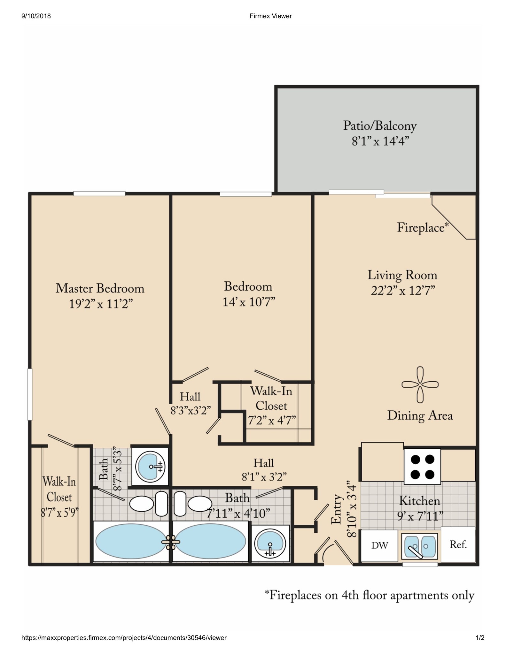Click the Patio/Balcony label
pos(380,126)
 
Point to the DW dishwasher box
pos(379,545)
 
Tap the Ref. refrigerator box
pos(458,544)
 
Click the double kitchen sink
pos(420,546)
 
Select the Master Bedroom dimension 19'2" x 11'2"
pos(101,304)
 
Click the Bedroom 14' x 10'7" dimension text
pos(249,302)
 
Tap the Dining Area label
pos(420,415)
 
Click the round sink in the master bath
pos(150,467)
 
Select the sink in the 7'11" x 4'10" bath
pos(270,544)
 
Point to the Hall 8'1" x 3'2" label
pos(264,470)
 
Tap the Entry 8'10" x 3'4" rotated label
pos(343,509)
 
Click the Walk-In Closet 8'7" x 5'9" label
pos(59,497)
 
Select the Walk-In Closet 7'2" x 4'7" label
pos(272,406)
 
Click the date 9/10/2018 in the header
pos(36,16)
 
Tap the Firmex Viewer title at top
pos(270,16)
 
